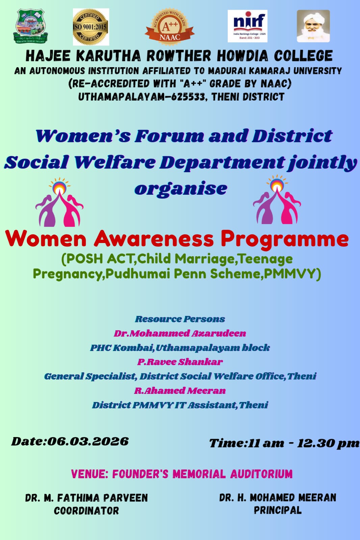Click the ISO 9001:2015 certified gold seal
(91, 27)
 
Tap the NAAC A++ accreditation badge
(170, 27)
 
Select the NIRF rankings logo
(247, 26)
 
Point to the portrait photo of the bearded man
(313, 26)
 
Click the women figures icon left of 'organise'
(59, 202)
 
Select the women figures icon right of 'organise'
(277, 199)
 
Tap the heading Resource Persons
(180, 319)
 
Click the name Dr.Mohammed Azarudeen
(180, 333)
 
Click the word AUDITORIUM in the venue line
(261, 474)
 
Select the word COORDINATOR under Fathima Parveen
(86, 511)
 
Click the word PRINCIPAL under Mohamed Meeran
(278, 510)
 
